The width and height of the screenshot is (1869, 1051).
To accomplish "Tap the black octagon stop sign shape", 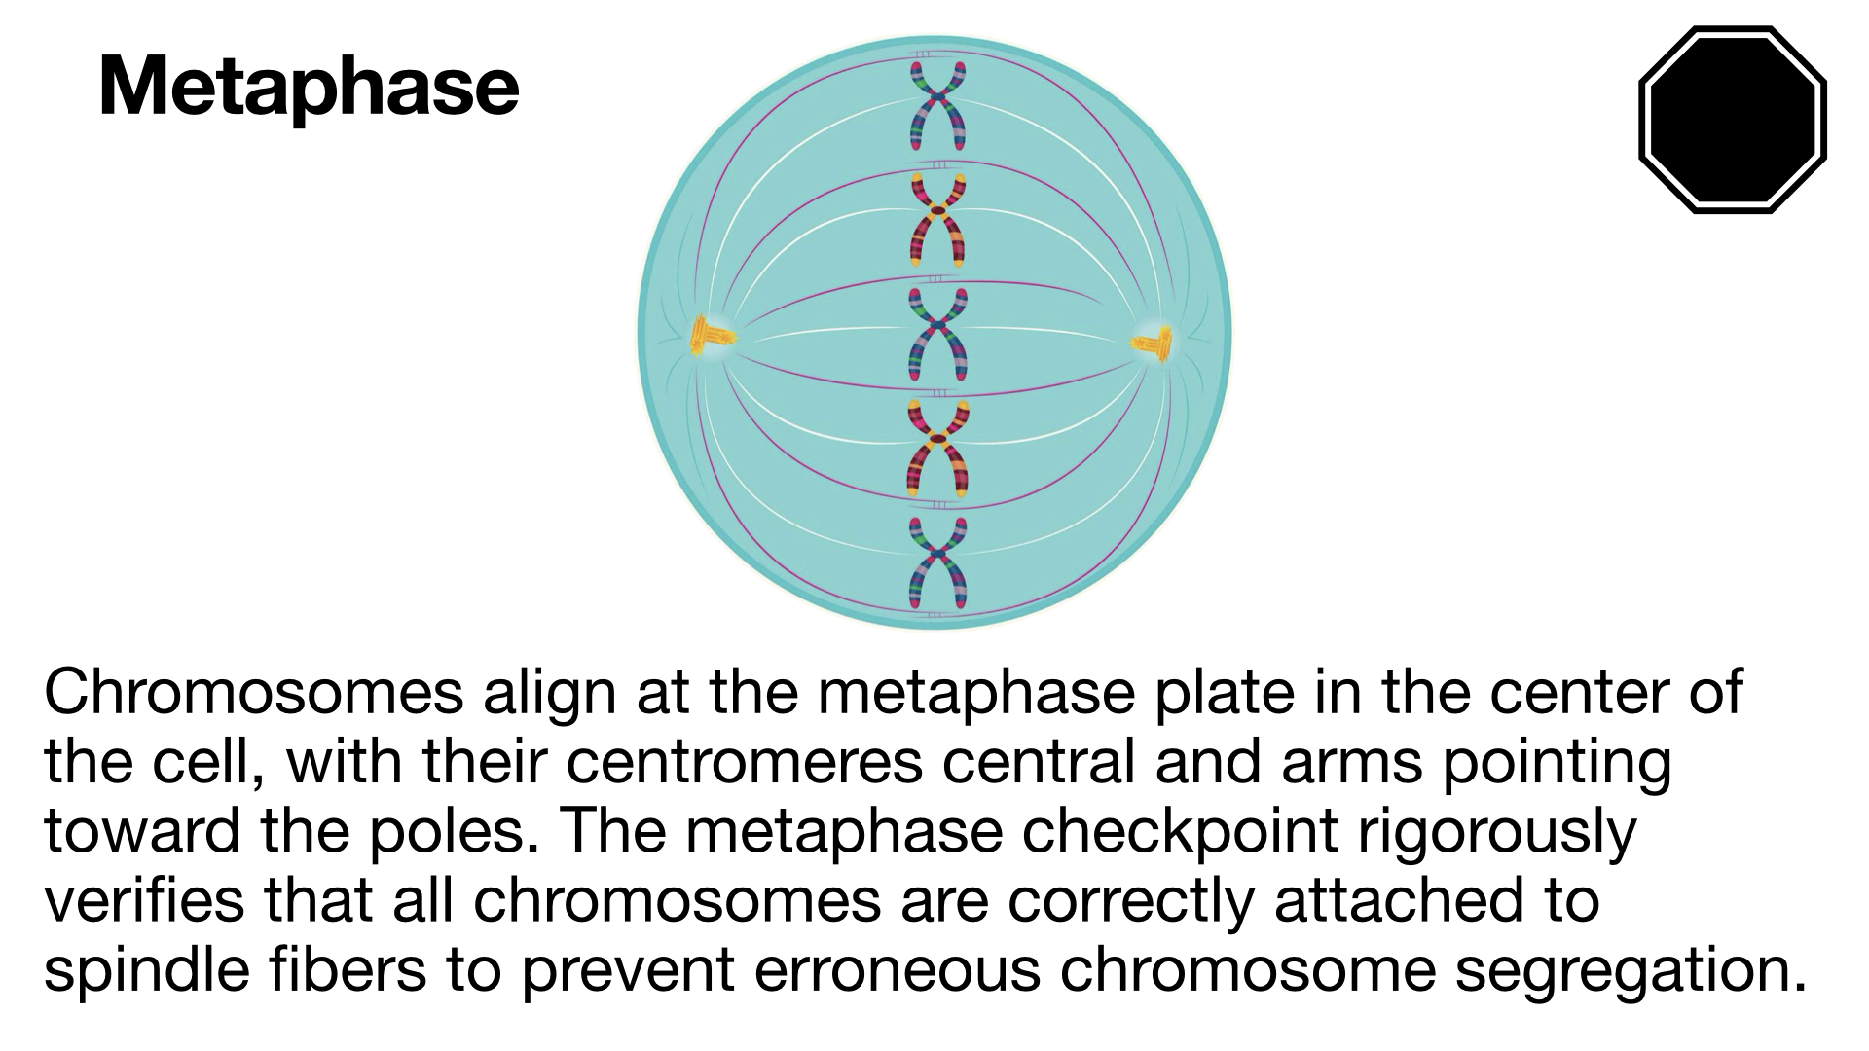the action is pyautogui.click(x=1733, y=120).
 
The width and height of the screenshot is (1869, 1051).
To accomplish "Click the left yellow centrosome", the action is pyautogui.click(x=711, y=337).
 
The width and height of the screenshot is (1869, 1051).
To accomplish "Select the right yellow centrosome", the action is pyautogui.click(x=1154, y=343).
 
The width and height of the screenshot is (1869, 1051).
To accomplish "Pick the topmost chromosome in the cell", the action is pyautogui.click(x=937, y=105).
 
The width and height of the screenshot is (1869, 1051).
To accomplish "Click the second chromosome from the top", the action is pyautogui.click(x=937, y=219).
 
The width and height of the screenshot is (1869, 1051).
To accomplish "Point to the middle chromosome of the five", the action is pyautogui.click(x=937, y=333).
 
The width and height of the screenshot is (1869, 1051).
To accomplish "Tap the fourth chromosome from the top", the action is pyautogui.click(x=937, y=449).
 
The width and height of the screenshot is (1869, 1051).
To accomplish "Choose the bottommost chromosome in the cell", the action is pyautogui.click(x=937, y=562).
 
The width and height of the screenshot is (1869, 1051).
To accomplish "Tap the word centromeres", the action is pyautogui.click(x=744, y=765).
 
